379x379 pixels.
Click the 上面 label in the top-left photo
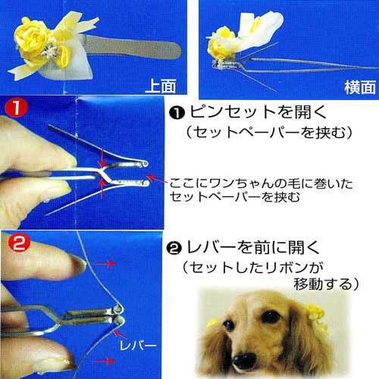click(x=161, y=86)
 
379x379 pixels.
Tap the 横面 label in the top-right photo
click(x=360, y=87)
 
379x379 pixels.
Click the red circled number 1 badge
click(x=16, y=108)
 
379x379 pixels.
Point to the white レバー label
click(x=138, y=346)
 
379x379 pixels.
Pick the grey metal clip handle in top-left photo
click(x=134, y=48)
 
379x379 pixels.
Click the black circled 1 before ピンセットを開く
click(x=177, y=113)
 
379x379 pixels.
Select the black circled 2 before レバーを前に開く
click(x=174, y=249)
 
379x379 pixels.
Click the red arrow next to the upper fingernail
click(x=105, y=264)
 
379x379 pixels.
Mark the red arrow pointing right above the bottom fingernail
click(x=104, y=361)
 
